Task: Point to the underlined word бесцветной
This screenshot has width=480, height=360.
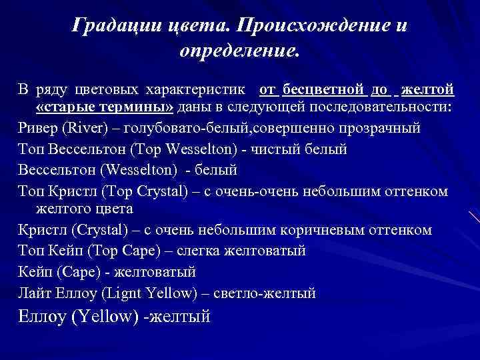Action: pos(323,89)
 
